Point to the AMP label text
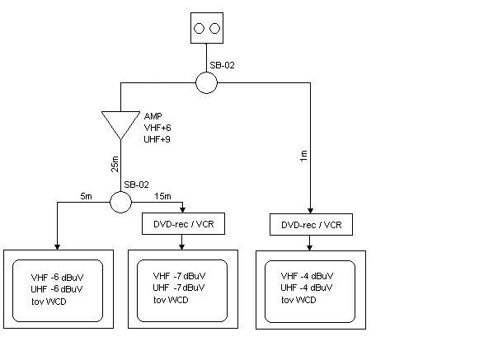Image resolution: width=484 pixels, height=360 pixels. click(x=153, y=116)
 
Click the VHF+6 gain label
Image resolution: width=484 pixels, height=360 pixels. click(x=157, y=128)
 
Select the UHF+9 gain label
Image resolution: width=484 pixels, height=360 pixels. click(x=157, y=139)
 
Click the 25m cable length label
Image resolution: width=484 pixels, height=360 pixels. click(x=115, y=164)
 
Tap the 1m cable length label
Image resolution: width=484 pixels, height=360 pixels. click(x=303, y=156)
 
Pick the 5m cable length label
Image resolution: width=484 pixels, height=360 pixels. click(x=86, y=196)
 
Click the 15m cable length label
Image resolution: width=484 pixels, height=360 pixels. click(x=163, y=196)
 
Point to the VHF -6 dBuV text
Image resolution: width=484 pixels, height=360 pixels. click(x=57, y=278)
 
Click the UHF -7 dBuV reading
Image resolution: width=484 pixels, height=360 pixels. click(x=179, y=288)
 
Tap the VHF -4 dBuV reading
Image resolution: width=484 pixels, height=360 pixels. click(x=307, y=276)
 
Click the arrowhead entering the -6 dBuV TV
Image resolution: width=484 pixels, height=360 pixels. click(x=57, y=247)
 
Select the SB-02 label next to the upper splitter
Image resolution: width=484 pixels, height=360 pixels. click(x=223, y=65)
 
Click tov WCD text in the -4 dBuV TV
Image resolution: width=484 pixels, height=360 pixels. click(x=298, y=300)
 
